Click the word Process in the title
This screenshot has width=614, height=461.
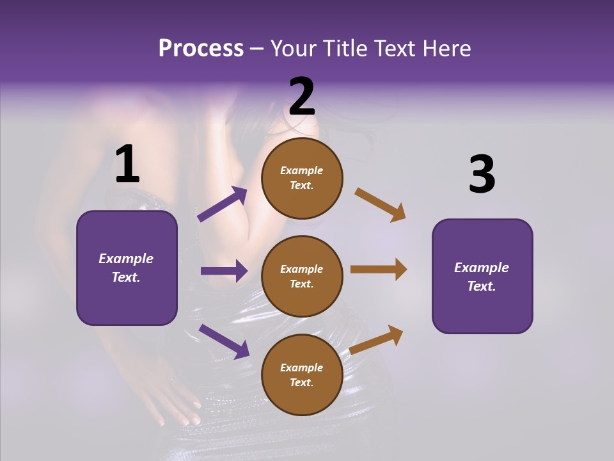pos(201,49)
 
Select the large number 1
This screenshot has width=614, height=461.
pos(127,165)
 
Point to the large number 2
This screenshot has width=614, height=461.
pos(302,96)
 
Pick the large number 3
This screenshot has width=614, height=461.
pos(482,175)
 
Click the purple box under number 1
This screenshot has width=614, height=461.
pos(127,268)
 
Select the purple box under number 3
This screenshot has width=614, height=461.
pos(482,276)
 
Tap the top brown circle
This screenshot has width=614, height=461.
pos(302,177)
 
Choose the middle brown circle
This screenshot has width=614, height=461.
pos(302,276)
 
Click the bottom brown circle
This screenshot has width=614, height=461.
pos(302,375)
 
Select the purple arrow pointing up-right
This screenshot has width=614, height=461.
pos(223,204)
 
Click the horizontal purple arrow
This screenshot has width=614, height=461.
pos(224,271)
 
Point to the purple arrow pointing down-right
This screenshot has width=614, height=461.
pos(224,341)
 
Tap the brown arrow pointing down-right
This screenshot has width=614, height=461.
pos(381,205)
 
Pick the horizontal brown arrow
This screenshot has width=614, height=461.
pos(379,270)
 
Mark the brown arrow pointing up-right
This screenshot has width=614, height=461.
pos(377,339)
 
